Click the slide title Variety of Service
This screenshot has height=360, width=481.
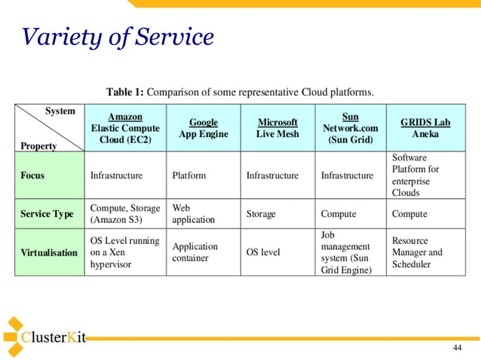(x=118, y=37)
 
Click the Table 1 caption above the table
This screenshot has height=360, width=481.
(x=240, y=93)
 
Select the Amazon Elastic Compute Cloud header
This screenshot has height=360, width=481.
(x=124, y=128)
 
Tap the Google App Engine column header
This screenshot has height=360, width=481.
(x=203, y=128)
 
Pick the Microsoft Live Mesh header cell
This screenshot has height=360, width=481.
(x=277, y=128)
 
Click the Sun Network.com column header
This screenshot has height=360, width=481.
(x=350, y=128)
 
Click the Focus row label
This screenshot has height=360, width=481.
(x=32, y=175)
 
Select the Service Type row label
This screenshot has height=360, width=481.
(x=47, y=214)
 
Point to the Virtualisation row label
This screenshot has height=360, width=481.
(x=49, y=252)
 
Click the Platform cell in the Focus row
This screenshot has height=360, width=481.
(x=188, y=175)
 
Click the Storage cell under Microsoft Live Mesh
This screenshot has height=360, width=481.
(x=261, y=214)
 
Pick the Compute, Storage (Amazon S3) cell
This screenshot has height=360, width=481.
(x=124, y=214)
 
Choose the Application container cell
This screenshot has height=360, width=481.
(x=195, y=252)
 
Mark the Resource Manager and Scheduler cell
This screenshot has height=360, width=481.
(x=417, y=252)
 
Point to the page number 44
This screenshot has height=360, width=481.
(x=457, y=347)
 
